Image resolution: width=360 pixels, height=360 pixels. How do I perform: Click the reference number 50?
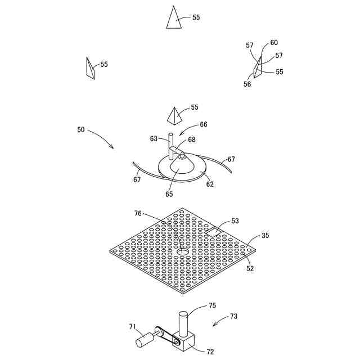tap(82, 129)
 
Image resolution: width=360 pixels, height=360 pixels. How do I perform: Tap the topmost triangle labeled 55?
tap(175, 18)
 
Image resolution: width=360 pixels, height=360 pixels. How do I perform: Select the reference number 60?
tap(274, 43)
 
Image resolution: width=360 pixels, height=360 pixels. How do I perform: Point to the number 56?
tap(247, 84)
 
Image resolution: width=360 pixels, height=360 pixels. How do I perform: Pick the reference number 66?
tap(204, 124)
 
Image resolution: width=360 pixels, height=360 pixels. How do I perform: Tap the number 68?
tap(192, 139)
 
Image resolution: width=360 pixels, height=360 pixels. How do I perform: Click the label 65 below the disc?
tap(169, 194)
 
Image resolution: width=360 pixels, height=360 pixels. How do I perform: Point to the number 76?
tap(138, 214)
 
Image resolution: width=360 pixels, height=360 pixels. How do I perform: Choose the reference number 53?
tap(235, 221)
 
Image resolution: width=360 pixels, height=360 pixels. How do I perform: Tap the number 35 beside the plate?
tap(265, 236)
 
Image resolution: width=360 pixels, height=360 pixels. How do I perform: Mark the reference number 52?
tap(250, 268)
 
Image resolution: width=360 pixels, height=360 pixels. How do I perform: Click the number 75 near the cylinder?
tap(212, 306)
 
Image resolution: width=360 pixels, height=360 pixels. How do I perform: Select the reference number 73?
tap(233, 317)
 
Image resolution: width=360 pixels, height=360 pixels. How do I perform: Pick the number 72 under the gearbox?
tap(210, 352)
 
